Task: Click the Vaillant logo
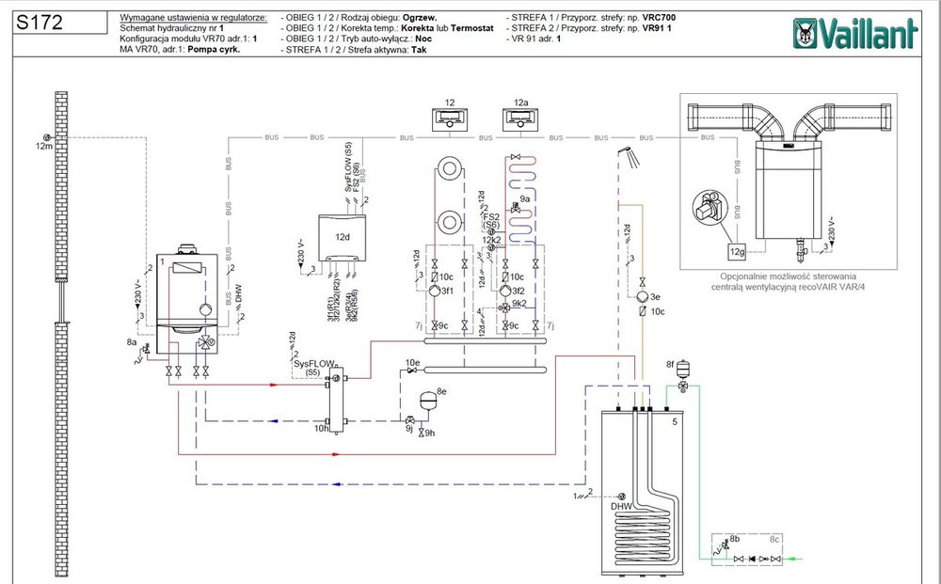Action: [x=856, y=36]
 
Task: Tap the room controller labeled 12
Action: [x=450, y=120]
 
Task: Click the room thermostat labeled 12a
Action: [x=521, y=120]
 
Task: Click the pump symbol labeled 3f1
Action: [x=434, y=292]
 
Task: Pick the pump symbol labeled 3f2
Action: [x=506, y=292]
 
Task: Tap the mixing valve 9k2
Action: [x=506, y=307]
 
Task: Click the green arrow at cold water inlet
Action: [x=796, y=559]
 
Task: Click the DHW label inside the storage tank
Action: [x=622, y=507]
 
